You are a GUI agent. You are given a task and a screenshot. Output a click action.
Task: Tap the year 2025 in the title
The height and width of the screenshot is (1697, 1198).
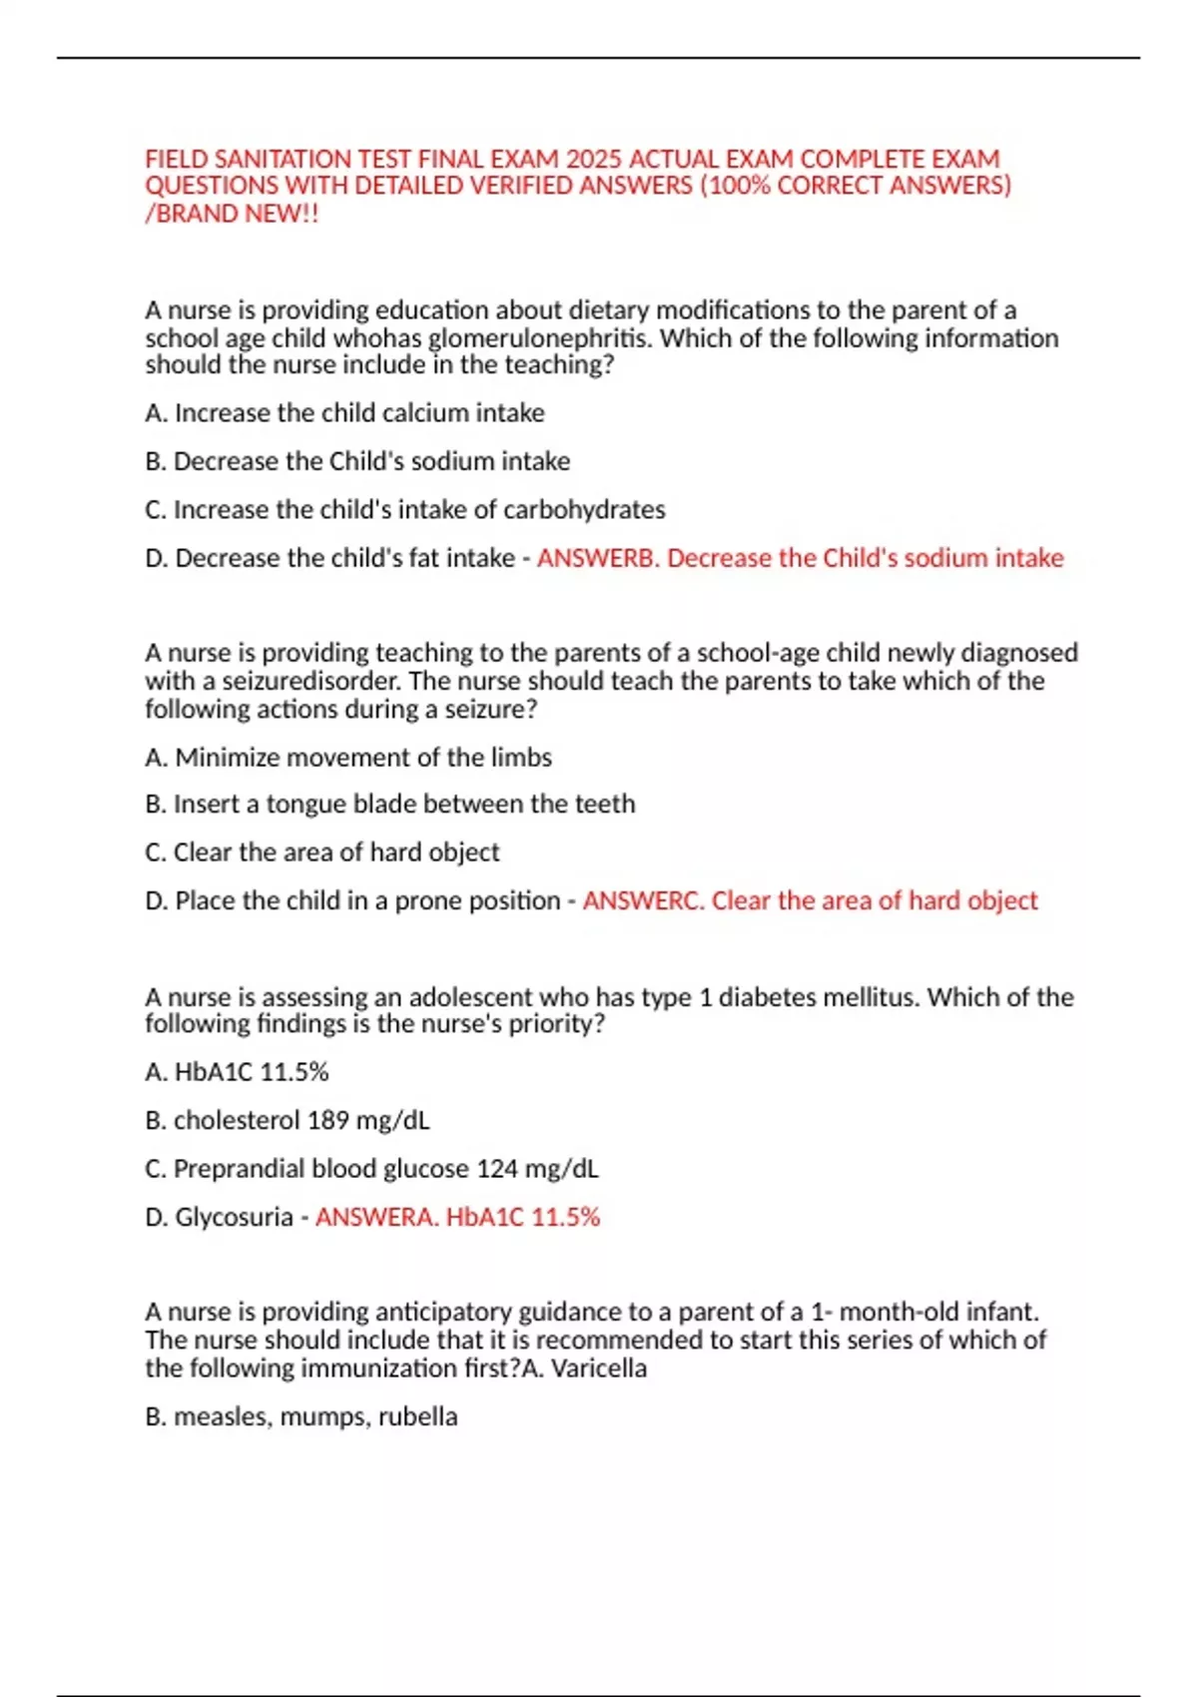pos(593,160)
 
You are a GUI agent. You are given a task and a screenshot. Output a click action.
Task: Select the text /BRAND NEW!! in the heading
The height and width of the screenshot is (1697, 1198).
pos(232,214)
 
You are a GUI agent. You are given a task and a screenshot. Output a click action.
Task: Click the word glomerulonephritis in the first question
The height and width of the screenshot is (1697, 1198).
pos(540,338)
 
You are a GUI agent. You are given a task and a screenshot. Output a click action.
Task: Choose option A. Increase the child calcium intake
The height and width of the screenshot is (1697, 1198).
pos(344,413)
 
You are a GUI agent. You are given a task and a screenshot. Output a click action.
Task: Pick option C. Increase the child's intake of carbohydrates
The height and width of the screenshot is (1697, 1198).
pos(404,510)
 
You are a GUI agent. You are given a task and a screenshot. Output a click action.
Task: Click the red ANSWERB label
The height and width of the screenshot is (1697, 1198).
pos(598,558)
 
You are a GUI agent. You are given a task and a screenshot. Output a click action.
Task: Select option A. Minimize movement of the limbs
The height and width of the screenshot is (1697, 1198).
pos(347,758)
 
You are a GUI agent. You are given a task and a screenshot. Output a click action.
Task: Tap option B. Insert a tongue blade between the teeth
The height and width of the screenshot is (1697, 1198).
pos(389,805)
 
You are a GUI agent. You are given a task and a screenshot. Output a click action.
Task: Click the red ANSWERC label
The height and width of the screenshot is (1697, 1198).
pos(644,900)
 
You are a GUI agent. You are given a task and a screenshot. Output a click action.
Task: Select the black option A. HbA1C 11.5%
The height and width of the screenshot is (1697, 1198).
pos(237,1072)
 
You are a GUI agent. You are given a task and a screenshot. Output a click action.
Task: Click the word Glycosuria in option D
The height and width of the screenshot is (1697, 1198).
pos(234,1218)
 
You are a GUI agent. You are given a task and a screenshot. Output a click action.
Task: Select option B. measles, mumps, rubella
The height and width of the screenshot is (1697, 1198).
pos(300,1416)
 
